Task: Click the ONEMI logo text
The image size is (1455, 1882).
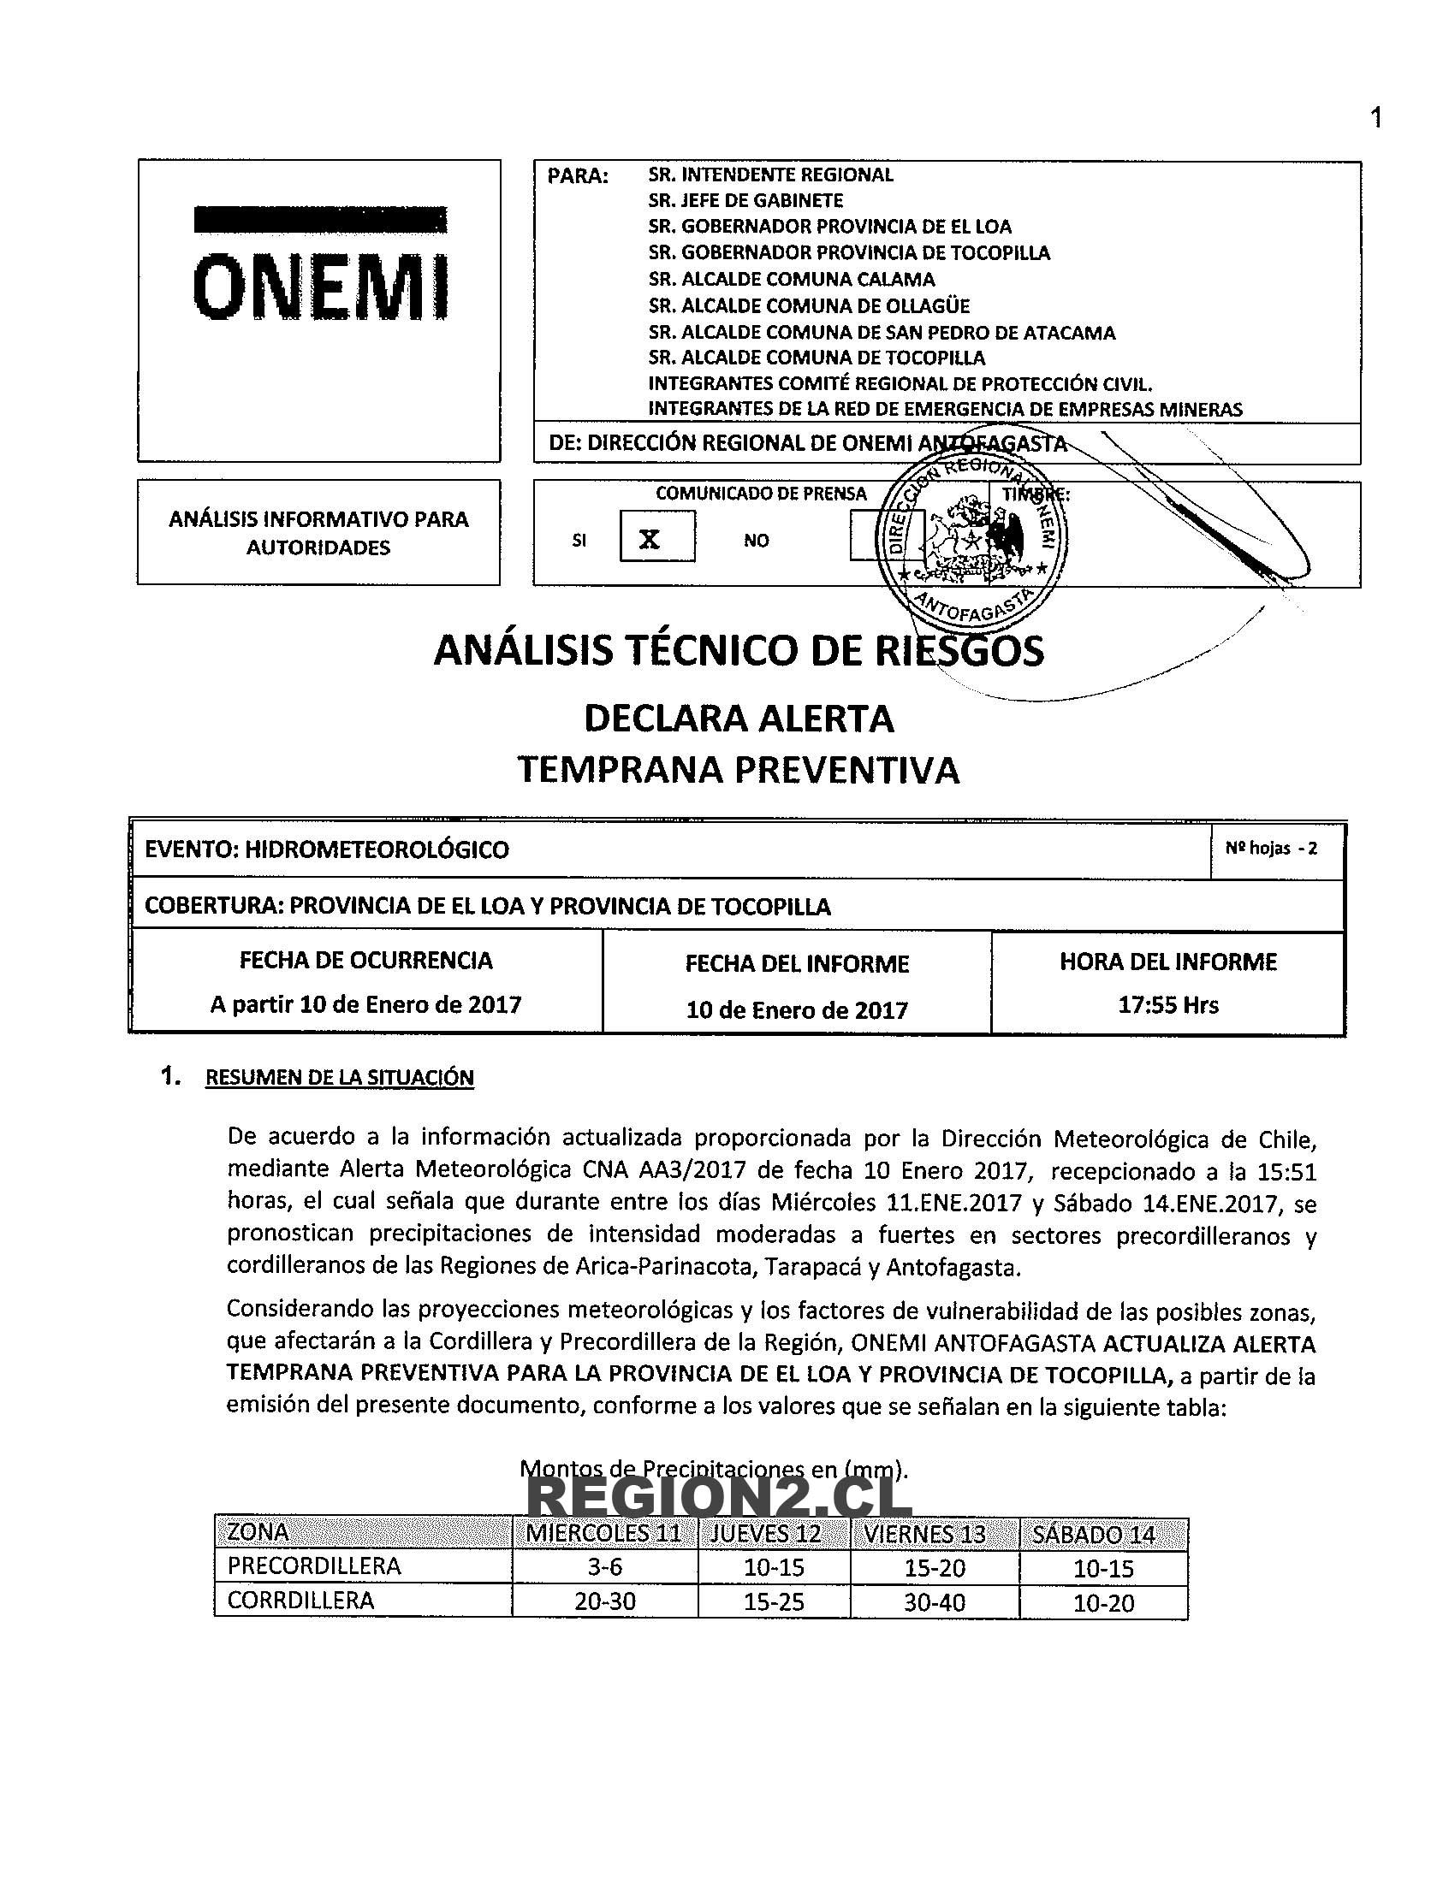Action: tap(320, 284)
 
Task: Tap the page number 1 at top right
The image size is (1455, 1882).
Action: tap(1375, 117)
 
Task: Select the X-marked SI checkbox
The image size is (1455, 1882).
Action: tap(656, 538)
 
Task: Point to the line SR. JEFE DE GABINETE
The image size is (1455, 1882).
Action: tap(745, 201)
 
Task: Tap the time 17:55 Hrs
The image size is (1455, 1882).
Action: tap(1168, 1005)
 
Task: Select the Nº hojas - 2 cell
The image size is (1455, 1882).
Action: tap(1271, 849)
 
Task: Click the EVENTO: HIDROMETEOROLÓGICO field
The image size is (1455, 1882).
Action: tap(328, 849)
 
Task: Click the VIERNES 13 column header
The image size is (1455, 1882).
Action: tap(935, 1535)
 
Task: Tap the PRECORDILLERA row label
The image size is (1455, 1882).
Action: tap(315, 1565)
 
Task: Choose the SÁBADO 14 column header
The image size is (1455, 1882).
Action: tap(1104, 1535)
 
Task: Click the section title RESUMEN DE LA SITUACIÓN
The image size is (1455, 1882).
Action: tap(340, 1077)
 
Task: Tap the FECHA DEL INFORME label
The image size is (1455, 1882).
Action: tap(798, 963)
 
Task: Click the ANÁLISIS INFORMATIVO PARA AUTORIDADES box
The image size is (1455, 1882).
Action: tap(319, 533)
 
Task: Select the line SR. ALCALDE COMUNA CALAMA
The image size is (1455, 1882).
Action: tap(792, 279)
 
